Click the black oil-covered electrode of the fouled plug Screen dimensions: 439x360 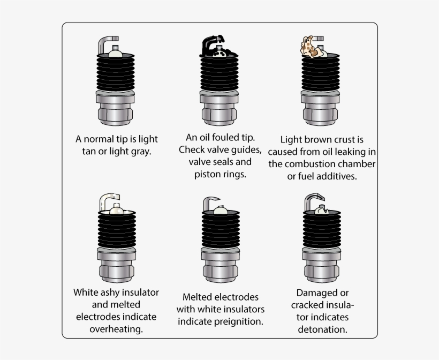point(207,44)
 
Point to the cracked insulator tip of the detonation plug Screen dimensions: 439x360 point(321,209)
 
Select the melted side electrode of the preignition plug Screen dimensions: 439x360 point(208,202)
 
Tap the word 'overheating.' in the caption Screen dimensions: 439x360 point(116,329)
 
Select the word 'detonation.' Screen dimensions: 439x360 point(322,329)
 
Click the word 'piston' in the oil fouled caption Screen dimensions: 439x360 point(207,174)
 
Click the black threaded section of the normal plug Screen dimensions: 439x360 point(116,73)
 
